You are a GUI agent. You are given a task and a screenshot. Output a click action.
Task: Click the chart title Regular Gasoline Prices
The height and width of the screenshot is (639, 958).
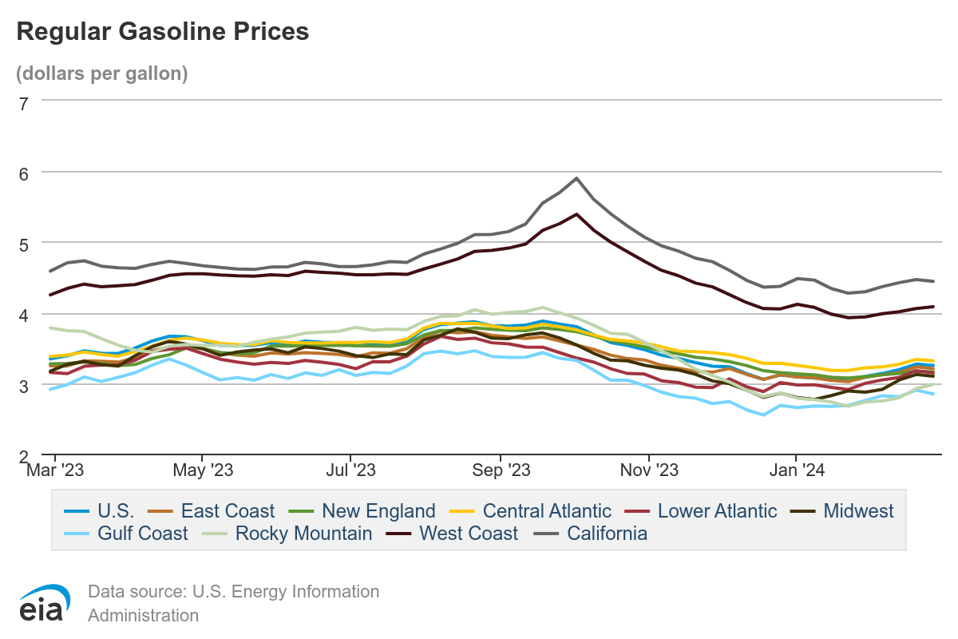pyautogui.click(x=162, y=31)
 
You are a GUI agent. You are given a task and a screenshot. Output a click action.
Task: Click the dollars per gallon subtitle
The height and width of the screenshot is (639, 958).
pyautogui.click(x=102, y=73)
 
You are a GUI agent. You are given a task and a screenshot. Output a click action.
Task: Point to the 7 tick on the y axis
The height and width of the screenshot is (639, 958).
pyautogui.click(x=23, y=101)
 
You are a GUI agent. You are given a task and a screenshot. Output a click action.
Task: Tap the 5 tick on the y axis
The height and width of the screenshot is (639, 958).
pyautogui.click(x=23, y=244)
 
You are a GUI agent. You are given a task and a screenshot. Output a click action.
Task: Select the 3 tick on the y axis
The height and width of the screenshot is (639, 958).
pyautogui.click(x=23, y=385)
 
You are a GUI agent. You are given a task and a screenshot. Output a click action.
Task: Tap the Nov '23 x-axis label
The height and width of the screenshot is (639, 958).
pyautogui.click(x=649, y=470)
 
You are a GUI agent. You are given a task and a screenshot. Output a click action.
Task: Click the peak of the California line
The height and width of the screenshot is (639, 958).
pyautogui.click(x=576, y=178)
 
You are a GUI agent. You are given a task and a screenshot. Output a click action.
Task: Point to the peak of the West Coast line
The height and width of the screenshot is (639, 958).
pyautogui.click(x=576, y=214)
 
